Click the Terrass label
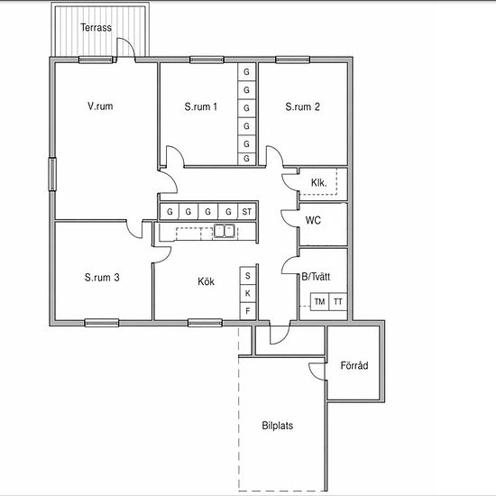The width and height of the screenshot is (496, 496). pyautogui.click(x=96, y=28)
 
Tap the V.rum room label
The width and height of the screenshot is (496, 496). pyautogui.click(x=100, y=106)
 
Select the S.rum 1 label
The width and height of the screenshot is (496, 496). pyautogui.click(x=201, y=106)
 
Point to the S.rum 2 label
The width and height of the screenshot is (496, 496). pyautogui.click(x=302, y=106)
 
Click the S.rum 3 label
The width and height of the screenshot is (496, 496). pyautogui.click(x=102, y=278)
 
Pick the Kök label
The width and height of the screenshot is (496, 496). pyautogui.click(x=206, y=281)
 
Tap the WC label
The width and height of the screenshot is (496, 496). pyautogui.click(x=313, y=220)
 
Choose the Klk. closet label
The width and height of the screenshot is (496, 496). pyautogui.click(x=319, y=182)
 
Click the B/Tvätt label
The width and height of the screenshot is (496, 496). pyautogui.click(x=316, y=277)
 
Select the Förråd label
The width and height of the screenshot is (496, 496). pyautogui.click(x=354, y=365)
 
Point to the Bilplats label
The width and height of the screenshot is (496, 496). pyautogui.click(x=278, y=426)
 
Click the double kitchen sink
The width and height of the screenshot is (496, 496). pyautogui.click(x=225, y=231)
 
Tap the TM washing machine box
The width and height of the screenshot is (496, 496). pyautogui.click(x=320, y=302)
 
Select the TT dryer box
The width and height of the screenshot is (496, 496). pyautogui.click(x=338, y=302)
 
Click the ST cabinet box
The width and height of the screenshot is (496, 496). pyautogui.click(x=247, y=212)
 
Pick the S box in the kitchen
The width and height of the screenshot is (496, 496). pyautogui.click(x=248, y=276)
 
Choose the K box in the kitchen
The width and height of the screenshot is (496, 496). pyautogui.click(x=248, y=294)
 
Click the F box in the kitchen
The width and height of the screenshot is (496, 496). pyautogui.click(x=248, y=311)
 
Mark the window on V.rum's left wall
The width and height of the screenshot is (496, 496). pyautogui.click(x=52, y=174)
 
